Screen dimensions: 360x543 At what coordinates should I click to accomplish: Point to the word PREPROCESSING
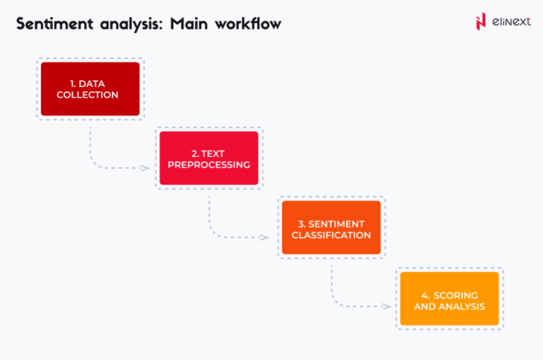pyautogui.click(x=209, y=164)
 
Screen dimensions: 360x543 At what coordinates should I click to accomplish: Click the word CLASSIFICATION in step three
pyautogui.click(x=332, y=235)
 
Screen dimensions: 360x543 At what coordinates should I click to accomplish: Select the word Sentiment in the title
pyautogui.click(x=54, y=23)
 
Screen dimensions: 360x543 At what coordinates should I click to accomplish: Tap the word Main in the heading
pyautogui.click(x=188, y=23)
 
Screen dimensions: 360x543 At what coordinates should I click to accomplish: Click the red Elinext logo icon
pyautogui.click(x=481, y=21)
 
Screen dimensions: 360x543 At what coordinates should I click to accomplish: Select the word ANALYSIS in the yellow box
pyautogui.click(x=462, y=305)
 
